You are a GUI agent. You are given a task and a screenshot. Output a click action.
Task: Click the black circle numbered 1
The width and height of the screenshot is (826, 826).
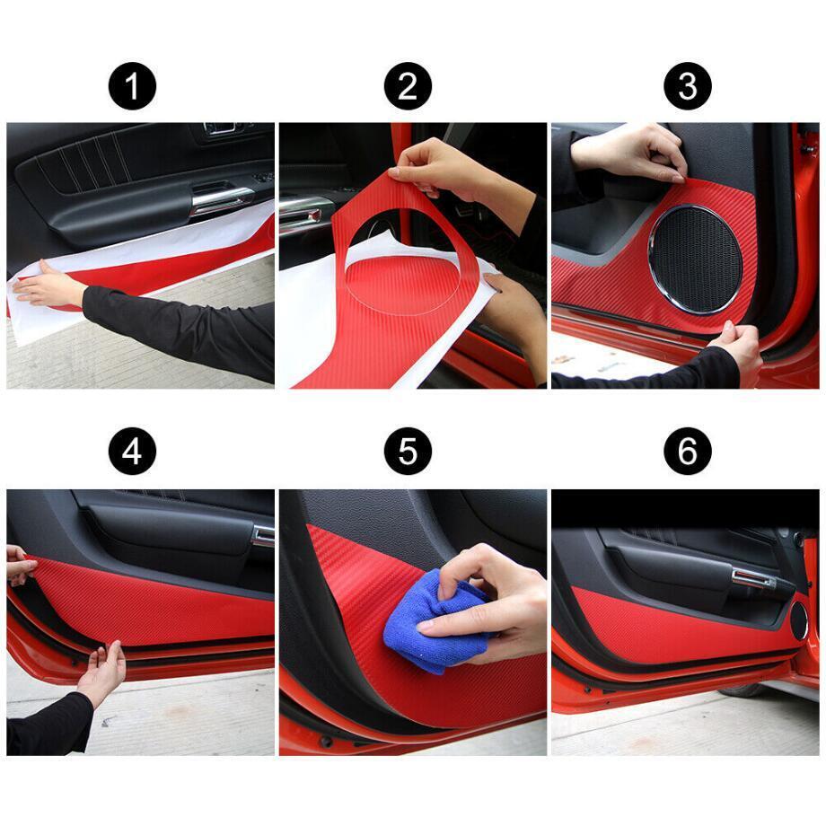click(132, 86)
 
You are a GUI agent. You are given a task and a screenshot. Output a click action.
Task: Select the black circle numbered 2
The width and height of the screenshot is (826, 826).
click(408, 86)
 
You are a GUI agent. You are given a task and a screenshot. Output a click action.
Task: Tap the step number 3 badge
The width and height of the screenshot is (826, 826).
click(688, 86)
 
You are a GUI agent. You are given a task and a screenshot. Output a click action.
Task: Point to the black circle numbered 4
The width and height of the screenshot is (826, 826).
click(132, 451)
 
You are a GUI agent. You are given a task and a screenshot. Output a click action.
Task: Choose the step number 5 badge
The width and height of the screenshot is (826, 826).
click(408, 451)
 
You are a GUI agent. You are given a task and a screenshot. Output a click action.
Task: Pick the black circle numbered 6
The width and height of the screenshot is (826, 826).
click(688, 451)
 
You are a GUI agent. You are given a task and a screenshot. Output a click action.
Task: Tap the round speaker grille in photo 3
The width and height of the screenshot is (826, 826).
click(695, 259)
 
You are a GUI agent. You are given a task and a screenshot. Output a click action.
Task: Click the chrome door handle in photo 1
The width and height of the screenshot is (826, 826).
click(221, 200)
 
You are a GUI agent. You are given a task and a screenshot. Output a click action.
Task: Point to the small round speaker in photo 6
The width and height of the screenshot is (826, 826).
click(798, 620)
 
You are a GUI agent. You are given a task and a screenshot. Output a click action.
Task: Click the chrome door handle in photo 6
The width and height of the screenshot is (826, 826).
click(753, 578)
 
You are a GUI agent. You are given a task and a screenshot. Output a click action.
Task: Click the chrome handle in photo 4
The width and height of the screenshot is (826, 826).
click(263, 535)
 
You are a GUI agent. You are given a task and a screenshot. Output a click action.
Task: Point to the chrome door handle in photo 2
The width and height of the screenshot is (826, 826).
click(300, 213)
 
